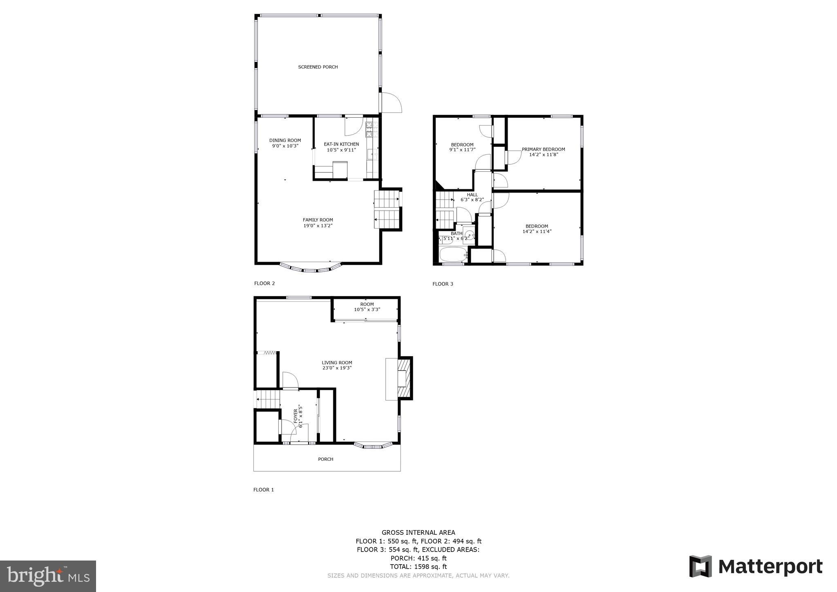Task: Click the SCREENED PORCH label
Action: tap(318, 67)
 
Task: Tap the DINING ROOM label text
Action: tap(285, 140)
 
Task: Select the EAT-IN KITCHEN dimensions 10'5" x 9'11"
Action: tap(341, 150)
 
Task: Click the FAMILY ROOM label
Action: tap(318, 220)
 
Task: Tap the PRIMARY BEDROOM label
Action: tap(543, 149)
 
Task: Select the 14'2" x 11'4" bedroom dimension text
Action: tap(537, 231)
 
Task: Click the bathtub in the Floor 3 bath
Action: tap(453, 255)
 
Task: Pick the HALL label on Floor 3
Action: tap(472, 195)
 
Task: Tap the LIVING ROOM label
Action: tap(337, 363)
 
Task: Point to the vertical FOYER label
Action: tap(295, 416)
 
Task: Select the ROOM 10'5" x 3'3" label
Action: tap(367, 307)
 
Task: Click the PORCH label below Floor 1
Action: tap(326, 459)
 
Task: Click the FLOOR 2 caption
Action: tap(264, 283)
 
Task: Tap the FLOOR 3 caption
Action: tap(443, 284)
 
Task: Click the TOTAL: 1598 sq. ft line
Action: tap(418, 567)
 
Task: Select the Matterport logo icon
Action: tap(700, 566)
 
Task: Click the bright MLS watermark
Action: tap(48, 576)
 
